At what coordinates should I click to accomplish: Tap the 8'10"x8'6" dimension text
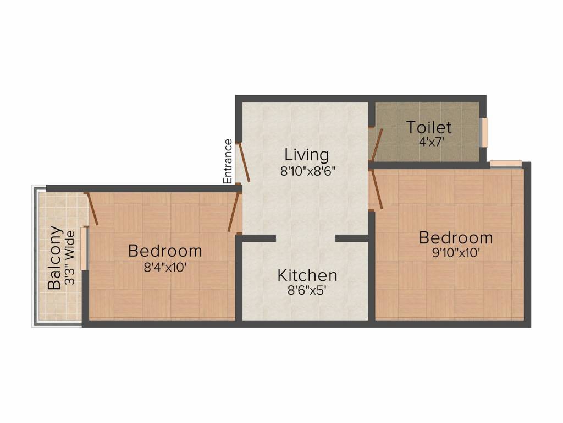click(x=307, y=171)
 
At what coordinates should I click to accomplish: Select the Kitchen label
click(x=307, y=275)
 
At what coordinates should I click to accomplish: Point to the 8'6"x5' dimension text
click(x=306, y=290)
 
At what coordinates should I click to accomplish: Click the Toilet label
click(x=429, y=128)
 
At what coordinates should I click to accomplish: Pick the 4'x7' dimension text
click(x=429, y=141)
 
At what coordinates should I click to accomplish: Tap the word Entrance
click(x=228, y=161)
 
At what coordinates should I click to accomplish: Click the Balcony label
click(x=54, y=258)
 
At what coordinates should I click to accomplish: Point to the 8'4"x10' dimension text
click(x=165, y=267)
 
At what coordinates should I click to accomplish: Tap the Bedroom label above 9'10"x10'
click(x=455, y=238)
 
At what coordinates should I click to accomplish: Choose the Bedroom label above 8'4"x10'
click(x=165, y=251)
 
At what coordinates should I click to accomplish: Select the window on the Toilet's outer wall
click(x=484, y=133)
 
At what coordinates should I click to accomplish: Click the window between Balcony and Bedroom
click(x=84, y=249)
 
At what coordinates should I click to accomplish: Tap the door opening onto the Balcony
click(x=92, y=208)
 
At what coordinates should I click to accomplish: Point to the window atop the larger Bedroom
click(x=505, y=163)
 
